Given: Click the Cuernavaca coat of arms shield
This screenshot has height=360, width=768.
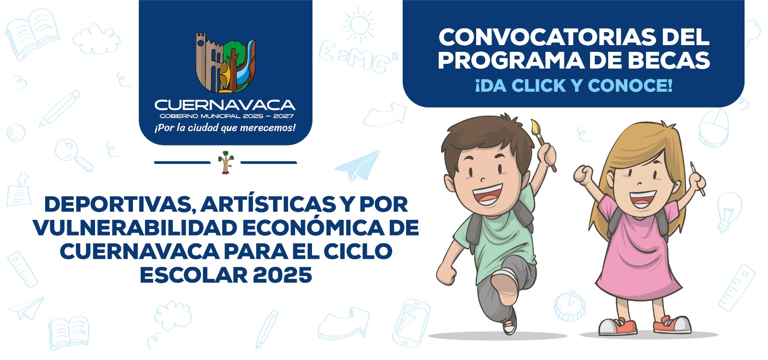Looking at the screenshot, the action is [225, 62].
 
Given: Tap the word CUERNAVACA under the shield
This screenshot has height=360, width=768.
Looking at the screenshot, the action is [225, 105].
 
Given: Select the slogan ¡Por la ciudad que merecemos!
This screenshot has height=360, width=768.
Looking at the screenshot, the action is [225, 128].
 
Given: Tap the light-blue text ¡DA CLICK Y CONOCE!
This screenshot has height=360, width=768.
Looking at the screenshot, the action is [574, 85].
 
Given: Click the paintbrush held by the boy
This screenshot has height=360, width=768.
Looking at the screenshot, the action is [543, 144].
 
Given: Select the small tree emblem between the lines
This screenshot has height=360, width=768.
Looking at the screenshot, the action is [226, 163].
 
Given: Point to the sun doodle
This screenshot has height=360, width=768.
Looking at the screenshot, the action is [360, 25].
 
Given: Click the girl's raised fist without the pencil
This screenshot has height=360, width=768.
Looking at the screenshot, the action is [584, 174].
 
